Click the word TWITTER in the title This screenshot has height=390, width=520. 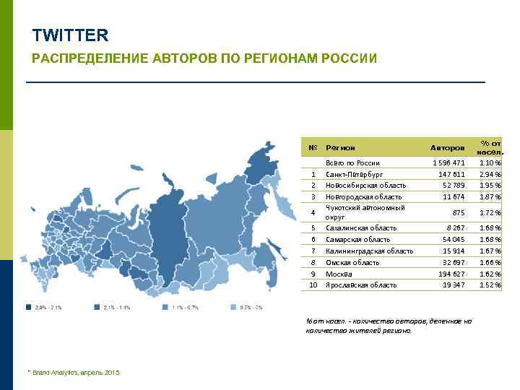coord(70,35)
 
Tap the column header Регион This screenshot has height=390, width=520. coord(340,147)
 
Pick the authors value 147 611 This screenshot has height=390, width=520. coord(451,174)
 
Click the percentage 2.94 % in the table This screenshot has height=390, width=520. coord(490,174)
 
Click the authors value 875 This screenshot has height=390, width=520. coord(458,212)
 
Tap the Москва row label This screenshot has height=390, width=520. coord(339,274)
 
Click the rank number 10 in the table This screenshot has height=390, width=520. coord(313,285)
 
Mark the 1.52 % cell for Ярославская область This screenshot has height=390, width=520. coord(490,285)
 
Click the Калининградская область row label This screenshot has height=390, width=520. coord(369,251)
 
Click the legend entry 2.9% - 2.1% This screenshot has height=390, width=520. coord(45,308)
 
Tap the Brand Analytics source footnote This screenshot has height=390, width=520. coord(74,372)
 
